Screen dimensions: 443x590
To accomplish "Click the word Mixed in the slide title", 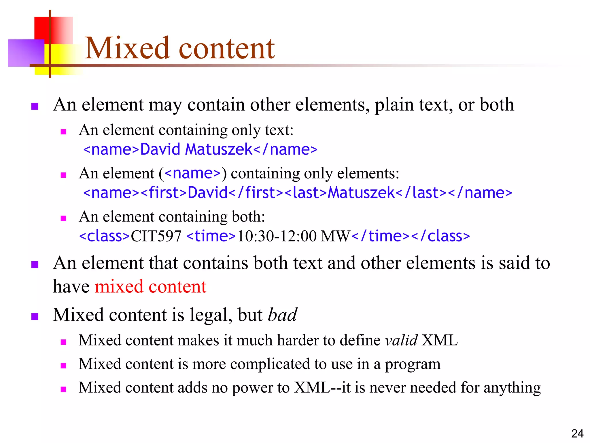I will click(x=127, y=48).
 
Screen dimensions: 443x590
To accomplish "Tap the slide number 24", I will click(x=577, y=433).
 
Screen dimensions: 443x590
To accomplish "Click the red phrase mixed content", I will click(x=151, y=287).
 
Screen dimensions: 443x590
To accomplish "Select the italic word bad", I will click(x=282, y=315).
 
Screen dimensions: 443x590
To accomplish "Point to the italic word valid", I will click(x=401, y=340).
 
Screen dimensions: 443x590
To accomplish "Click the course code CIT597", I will click(x=156, y=236).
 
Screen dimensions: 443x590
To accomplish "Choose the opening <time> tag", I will click(x=211, y=236).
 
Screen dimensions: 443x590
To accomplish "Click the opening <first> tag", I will click(x=164, y=193).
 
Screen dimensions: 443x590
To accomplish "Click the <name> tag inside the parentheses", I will click(x=193, y=173).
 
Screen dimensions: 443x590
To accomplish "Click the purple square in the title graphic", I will click(x=26, y=53).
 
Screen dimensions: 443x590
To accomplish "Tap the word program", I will click(x=413, y=364).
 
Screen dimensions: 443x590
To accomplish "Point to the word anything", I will click(x=512, y=388).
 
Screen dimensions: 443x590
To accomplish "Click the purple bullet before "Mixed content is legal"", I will click(x=35, y=317).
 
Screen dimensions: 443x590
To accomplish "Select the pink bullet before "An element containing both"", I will click(x=63, y=218).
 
